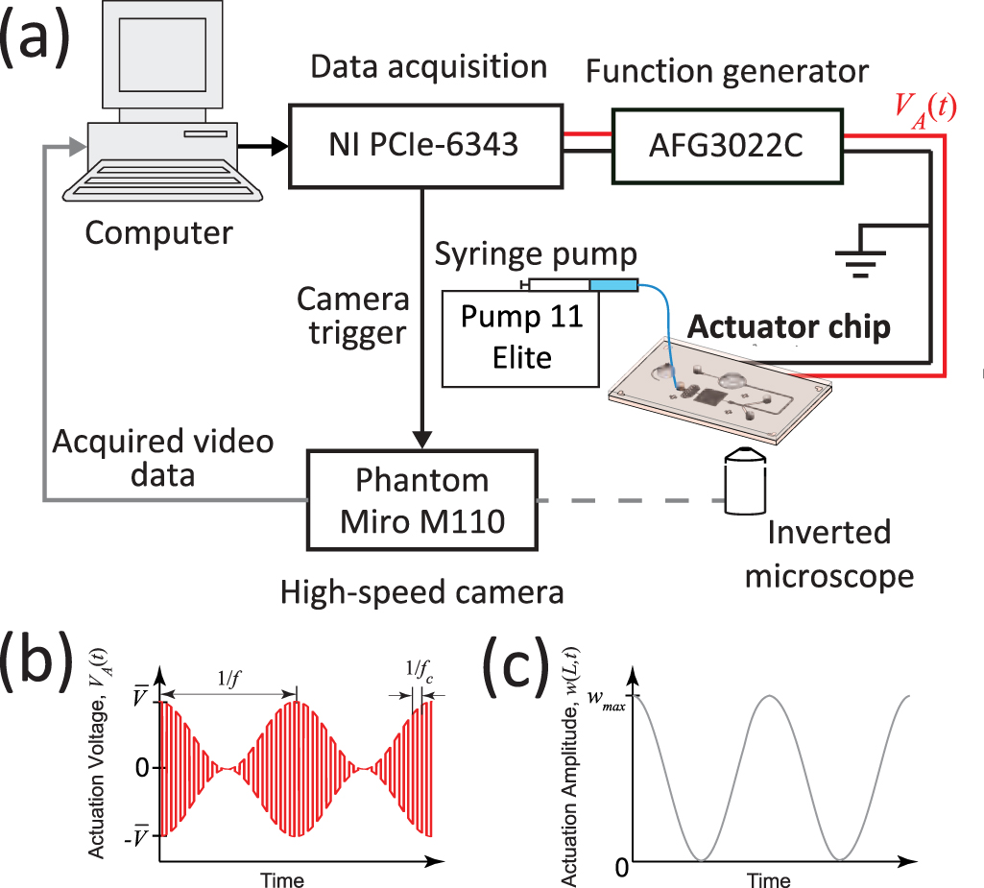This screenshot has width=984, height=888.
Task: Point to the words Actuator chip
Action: click(788, 327)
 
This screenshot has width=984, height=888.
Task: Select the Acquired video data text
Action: click(162, 458)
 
